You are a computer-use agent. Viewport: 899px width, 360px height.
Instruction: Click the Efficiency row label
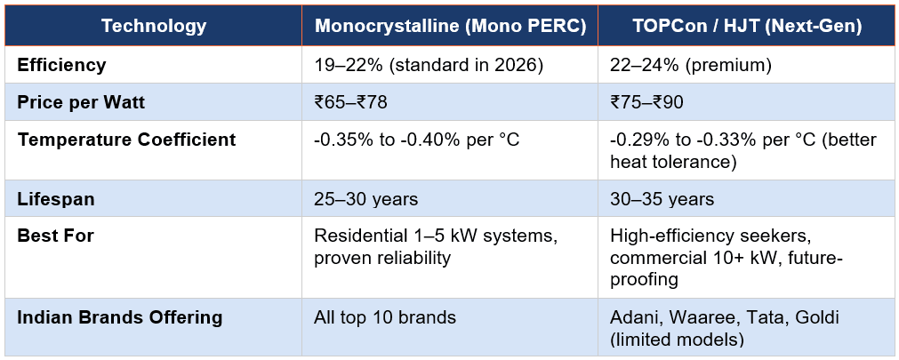coord(61,65)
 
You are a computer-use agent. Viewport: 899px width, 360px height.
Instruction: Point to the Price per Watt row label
coord(81,102)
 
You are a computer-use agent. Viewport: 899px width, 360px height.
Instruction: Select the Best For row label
coord(55,236)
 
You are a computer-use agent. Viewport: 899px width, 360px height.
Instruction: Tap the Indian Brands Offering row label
coord(119,317)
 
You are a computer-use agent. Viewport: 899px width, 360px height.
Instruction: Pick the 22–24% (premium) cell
coord(689,65)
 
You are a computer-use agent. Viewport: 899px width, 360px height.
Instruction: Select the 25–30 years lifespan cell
coord(366,199)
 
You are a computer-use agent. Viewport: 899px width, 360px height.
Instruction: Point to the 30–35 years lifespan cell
coord(662,199)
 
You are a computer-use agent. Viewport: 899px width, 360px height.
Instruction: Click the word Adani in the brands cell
coord(635,317)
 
